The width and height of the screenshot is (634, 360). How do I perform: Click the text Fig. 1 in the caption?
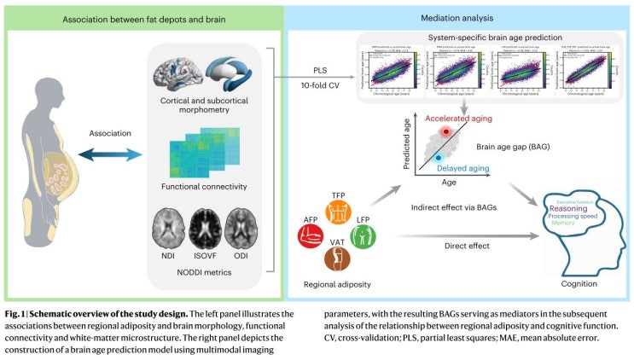tap(16, 313)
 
